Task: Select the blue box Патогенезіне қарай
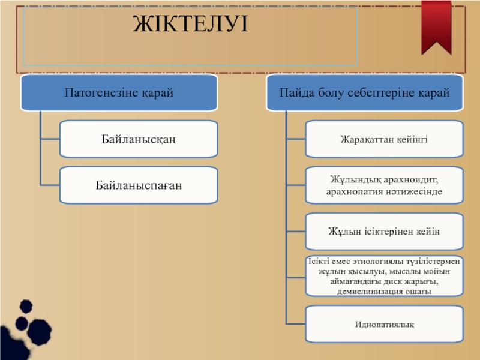[x=118, y=93]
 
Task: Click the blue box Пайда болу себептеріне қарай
[x=364, y=93]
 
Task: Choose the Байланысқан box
[x=138, y=139]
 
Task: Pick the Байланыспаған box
[x=138, y=185]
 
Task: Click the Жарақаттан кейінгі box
[x=385, y=139]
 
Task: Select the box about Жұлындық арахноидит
[x=385, y=185]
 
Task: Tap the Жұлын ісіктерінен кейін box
[x=385, y=231]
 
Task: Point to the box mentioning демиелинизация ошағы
[x=385, y=276]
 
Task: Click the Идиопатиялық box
[x=385, y=324]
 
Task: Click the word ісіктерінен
[x=385, y=231]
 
